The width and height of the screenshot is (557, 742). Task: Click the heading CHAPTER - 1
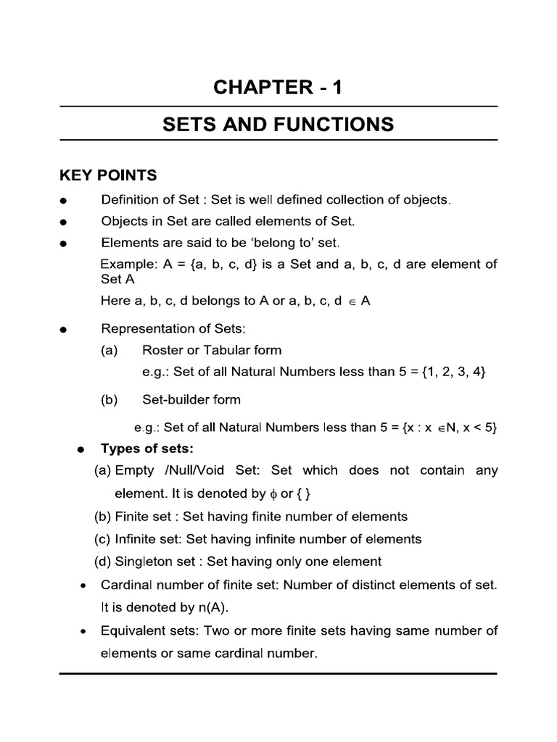point(278,88)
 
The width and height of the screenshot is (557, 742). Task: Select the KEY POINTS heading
point(107,175)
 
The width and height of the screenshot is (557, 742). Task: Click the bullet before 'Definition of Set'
point(65,201)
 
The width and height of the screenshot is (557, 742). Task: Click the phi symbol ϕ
point(272,494)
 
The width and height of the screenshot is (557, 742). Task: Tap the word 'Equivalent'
point(134,630)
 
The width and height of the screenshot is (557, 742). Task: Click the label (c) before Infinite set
point(103,539)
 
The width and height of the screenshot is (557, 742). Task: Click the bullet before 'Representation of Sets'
point(65,330)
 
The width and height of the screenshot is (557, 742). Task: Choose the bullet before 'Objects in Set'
point(65,222)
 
